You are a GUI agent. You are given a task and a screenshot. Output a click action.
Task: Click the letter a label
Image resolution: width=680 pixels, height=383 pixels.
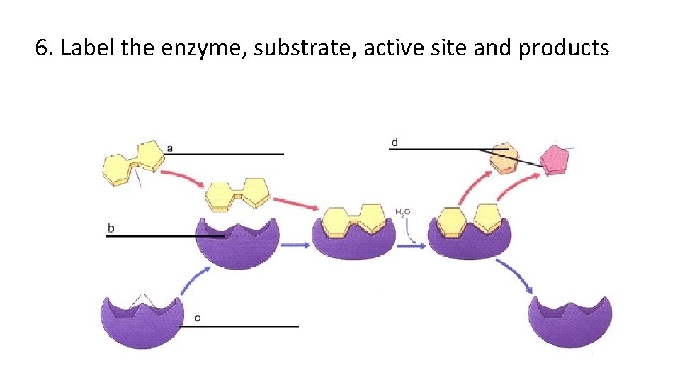170,148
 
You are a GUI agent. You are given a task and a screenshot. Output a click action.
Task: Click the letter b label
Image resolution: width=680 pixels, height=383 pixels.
110,228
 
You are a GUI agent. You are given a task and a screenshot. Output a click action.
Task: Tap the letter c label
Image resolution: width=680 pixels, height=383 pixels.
197,318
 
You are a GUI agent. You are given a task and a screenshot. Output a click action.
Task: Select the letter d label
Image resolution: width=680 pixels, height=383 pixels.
395,143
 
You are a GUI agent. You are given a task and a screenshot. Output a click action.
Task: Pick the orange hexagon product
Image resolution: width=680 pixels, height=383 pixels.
504,157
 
